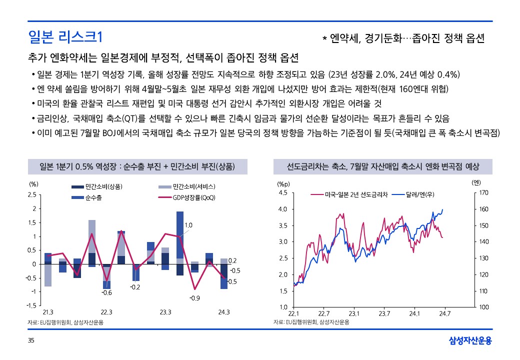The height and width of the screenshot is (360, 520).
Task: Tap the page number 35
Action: (x=31, y=341)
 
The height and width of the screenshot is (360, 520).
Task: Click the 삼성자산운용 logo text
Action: (x=470, y=341)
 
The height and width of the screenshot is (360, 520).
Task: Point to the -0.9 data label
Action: (x=194, y=298)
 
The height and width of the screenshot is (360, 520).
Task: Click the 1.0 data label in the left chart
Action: (x=188, y=225)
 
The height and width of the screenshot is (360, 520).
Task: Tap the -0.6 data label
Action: (x=106, y=292)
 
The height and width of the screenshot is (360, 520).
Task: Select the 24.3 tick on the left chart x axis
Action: (x=224, y=312)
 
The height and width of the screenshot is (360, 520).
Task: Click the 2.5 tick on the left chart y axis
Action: (x=32, y=194)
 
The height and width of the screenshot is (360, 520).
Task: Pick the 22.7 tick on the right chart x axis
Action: (x=323, y=314)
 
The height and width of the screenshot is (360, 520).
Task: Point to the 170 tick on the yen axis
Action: (x=483, y=192)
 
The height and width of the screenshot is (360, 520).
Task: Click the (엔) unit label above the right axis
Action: (x=476, y=183)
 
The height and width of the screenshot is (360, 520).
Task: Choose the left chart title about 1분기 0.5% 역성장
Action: (x=137, y=166)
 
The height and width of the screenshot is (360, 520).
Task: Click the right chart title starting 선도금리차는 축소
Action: (x=382, y=166)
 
